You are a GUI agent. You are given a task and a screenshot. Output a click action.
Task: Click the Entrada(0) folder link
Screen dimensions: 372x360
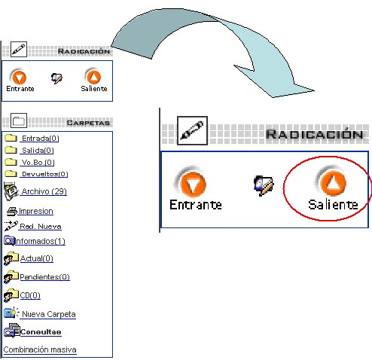40,139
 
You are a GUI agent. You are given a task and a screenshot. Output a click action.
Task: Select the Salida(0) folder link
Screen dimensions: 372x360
38,151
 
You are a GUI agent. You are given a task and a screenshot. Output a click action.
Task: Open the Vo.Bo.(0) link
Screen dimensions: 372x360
38,163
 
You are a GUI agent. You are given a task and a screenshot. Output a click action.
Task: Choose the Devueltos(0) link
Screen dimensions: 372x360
44,174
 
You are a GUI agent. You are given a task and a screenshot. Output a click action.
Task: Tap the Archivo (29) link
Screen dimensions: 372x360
44,191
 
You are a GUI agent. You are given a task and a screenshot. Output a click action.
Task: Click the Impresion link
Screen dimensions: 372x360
36,211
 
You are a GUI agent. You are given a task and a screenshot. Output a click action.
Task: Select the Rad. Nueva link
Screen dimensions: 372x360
41,227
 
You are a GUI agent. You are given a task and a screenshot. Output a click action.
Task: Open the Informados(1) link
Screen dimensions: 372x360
40,241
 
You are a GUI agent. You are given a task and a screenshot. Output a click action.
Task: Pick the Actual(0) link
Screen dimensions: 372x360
37,258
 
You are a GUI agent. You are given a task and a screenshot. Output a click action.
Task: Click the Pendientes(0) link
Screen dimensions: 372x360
44,277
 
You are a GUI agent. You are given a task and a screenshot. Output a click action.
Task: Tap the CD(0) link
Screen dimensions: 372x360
30,295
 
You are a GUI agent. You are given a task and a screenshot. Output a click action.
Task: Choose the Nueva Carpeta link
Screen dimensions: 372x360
49,314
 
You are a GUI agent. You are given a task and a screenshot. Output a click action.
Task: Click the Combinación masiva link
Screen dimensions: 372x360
40,349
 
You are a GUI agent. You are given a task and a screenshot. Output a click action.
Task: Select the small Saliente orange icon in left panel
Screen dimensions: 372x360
93,76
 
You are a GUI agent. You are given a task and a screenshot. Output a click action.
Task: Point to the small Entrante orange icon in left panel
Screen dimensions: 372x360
18,77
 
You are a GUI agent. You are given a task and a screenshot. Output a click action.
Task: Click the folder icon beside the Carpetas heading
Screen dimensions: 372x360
19,121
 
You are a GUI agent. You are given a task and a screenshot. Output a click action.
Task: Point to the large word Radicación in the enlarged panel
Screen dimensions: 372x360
315,133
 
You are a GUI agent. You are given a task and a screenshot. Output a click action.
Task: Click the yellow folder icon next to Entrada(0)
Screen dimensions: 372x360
11,138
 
